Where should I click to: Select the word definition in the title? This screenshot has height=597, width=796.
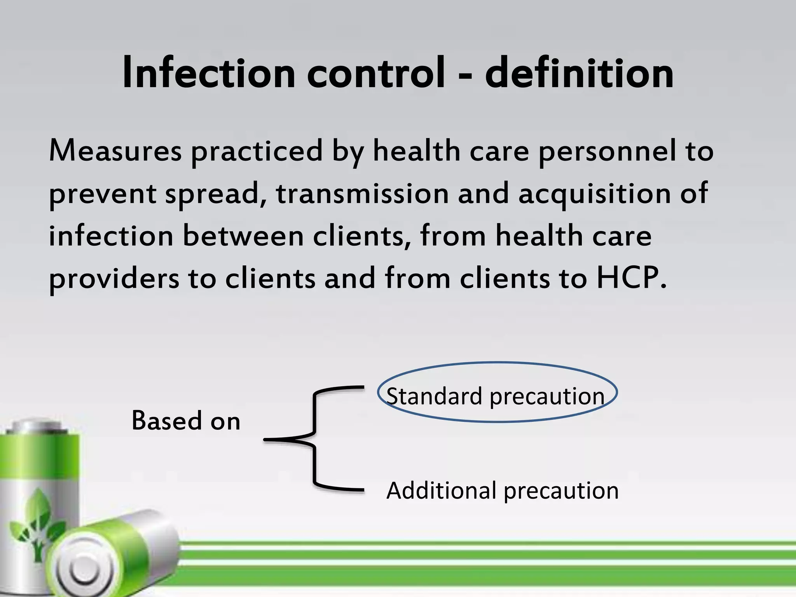579,73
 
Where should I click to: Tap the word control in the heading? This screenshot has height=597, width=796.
376,73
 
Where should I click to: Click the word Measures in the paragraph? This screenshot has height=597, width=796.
115,151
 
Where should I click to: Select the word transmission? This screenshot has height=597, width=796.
362,194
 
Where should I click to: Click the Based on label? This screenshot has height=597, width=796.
186,421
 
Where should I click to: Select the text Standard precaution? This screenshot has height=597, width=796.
496,396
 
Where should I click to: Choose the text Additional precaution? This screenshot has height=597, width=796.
502,491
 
